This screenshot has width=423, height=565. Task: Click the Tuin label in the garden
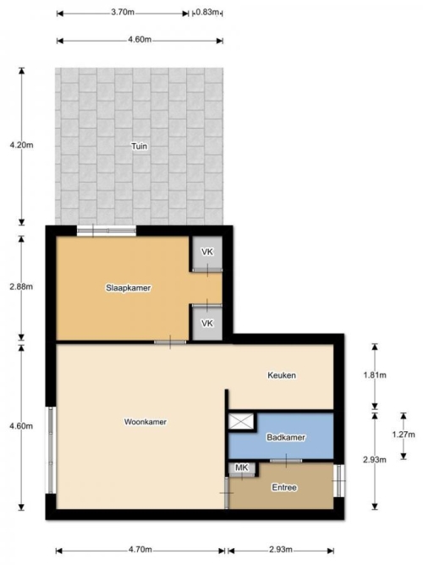coord(139,147)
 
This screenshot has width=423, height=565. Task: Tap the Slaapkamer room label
coord(128,288)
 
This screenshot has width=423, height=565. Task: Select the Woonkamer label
coord(145,422)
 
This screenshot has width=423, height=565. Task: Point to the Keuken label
coord(282,375)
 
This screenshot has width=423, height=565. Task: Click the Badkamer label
coord(286,437)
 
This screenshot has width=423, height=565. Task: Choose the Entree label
coord(284,488)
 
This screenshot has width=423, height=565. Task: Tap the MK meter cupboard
coord(242,468)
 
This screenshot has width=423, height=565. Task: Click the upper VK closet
coord(207,252)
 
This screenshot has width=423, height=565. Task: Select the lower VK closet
coord(207,324)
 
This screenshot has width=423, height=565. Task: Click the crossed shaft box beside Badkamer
coord(241,421)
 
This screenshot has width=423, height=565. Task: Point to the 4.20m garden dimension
coord(21,145)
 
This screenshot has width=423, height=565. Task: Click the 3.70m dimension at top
coord(123,12)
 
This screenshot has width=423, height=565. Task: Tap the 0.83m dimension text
coord(207,13)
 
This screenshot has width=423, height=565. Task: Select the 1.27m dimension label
coord(404,435)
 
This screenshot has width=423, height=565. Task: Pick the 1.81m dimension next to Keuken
coord(375,375)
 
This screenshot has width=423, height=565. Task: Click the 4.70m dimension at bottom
coord(140,550)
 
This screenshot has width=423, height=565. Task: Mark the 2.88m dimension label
coord(21,287)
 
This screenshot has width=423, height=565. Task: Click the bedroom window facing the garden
coord(107,230)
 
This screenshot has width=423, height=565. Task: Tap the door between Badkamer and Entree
coord(286,461)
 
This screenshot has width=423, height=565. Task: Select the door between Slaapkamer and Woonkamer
coord(170,342)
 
